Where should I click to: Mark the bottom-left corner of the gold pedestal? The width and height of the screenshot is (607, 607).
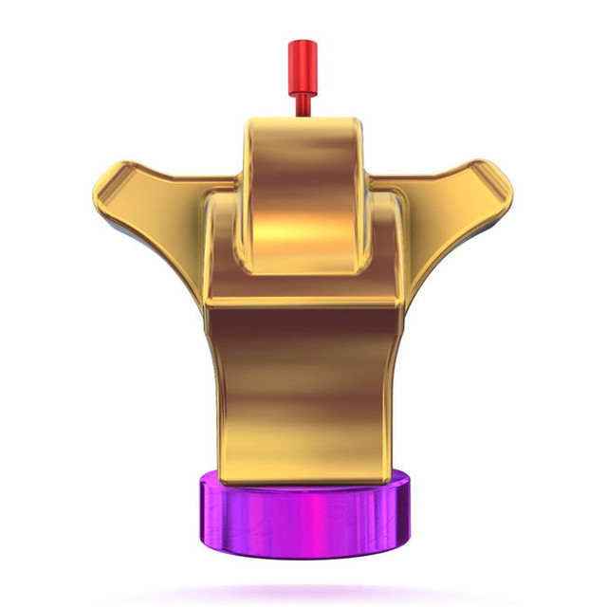tap(228, 474)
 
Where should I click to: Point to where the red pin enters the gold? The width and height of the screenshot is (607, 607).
tap(302, 116)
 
